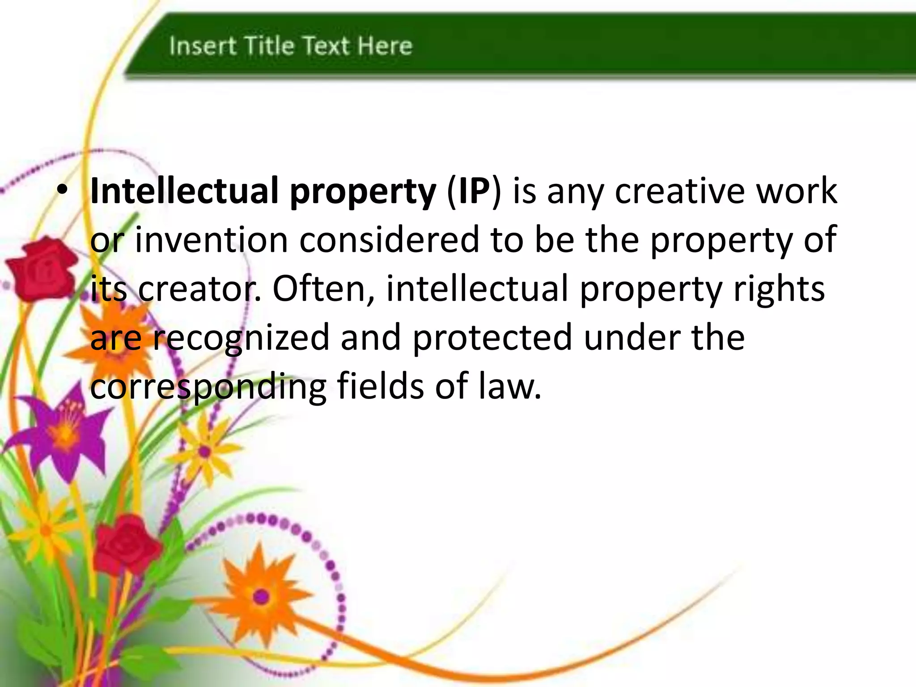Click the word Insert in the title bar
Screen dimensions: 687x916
202,46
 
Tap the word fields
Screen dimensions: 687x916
380,386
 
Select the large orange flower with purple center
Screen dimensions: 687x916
261,596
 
